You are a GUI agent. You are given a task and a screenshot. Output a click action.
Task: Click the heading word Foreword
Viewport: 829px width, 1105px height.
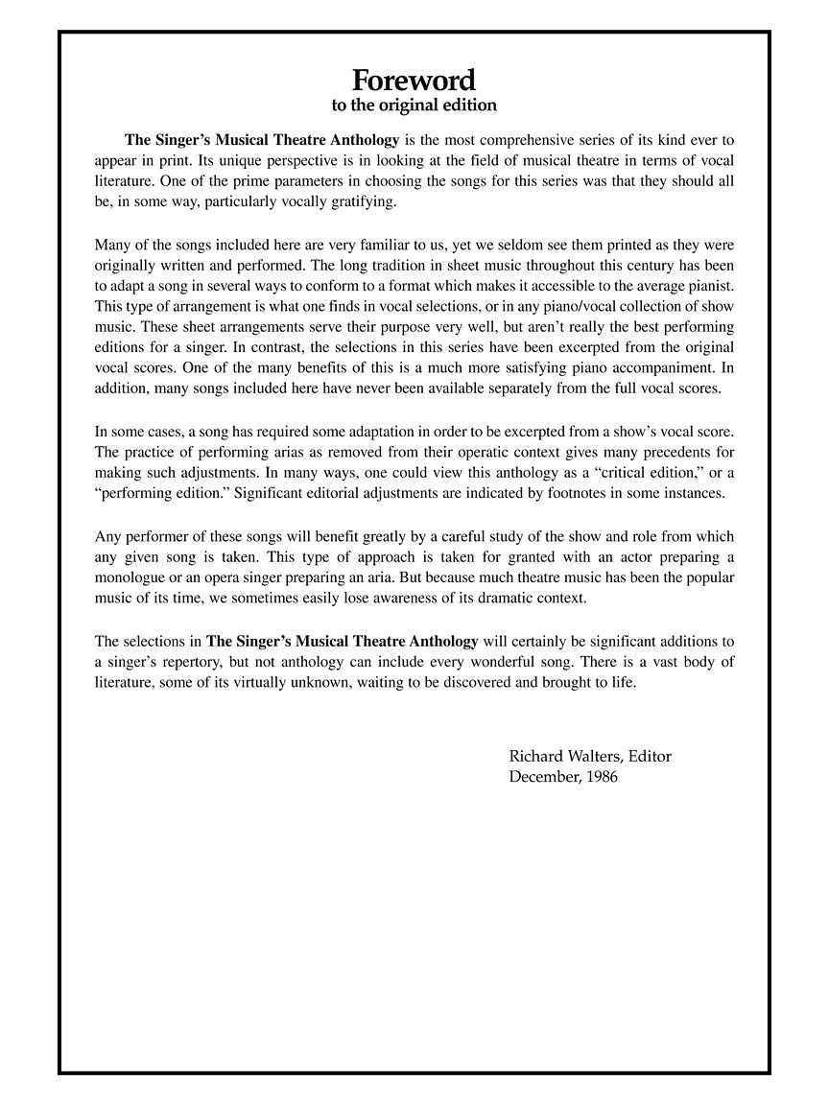414,79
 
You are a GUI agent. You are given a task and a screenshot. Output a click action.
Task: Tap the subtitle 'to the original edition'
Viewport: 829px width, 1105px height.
414,105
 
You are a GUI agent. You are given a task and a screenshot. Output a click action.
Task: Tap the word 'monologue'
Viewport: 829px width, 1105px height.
130,577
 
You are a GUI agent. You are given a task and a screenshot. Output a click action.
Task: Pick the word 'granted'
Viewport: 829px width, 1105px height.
444,556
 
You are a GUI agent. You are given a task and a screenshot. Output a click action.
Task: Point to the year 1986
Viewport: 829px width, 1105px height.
601,777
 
